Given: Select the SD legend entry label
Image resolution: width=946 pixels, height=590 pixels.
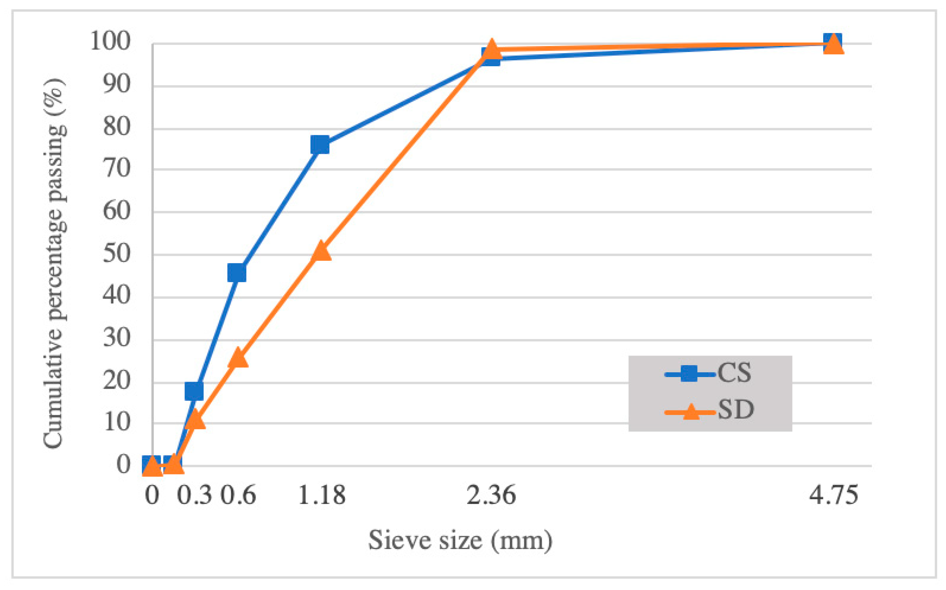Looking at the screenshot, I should point(735,410).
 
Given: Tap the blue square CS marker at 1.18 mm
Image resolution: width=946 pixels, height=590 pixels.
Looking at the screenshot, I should point(320,145).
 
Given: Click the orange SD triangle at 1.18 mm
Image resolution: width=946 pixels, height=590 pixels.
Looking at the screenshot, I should point(321,251).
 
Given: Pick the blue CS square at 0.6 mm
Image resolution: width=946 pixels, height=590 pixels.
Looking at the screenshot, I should point(237,272).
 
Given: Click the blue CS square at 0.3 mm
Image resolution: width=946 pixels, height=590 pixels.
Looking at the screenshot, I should point(194,391).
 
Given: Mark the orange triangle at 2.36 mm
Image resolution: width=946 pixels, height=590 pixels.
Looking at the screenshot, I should point(492,50).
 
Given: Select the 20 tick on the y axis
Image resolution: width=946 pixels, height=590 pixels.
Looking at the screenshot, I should point(116,381).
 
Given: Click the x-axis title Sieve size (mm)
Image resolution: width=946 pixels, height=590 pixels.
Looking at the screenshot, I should point(460,540).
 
